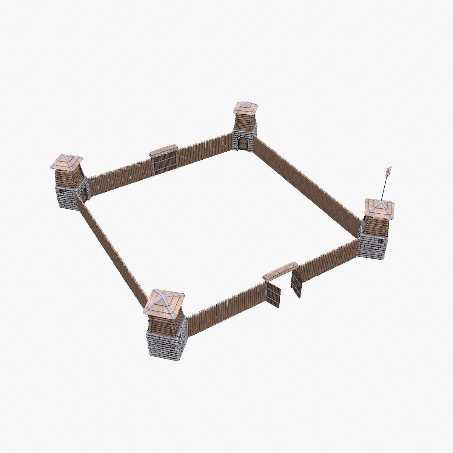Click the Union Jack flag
coord(388,172)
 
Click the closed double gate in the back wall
coord(165,163)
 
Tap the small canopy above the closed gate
coord(163,151)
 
